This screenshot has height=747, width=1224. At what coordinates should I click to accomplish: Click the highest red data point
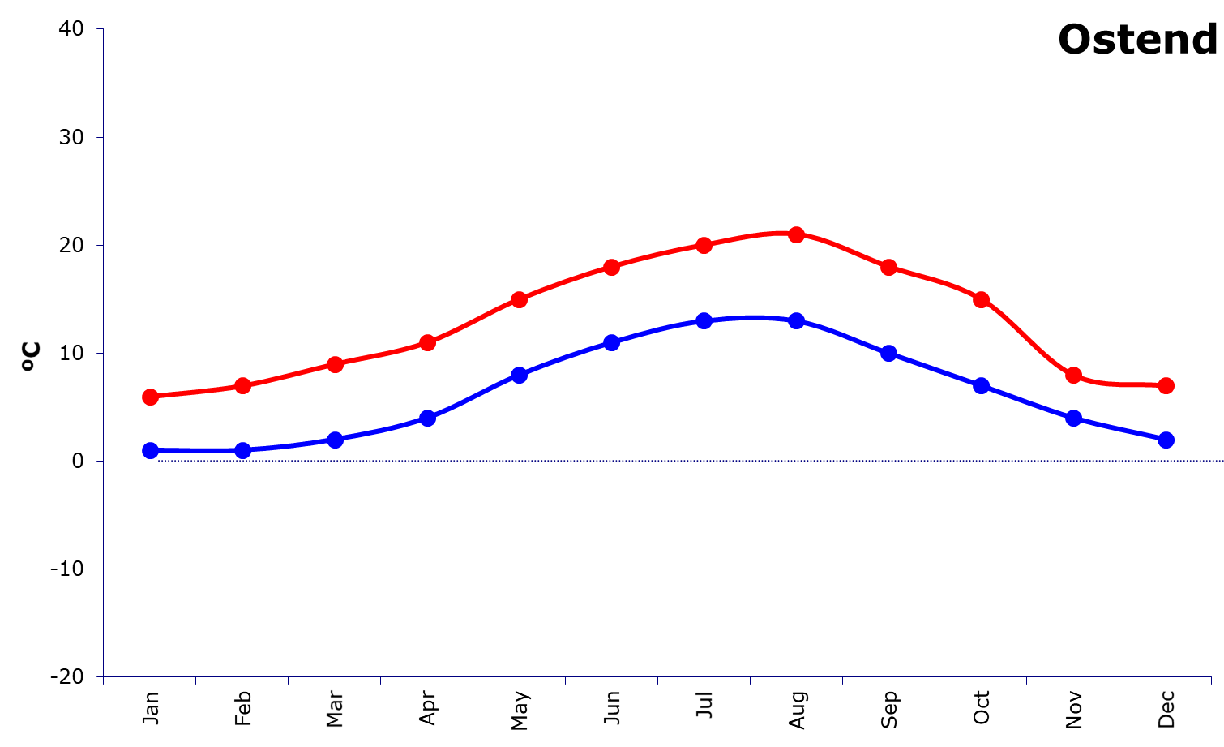[796, 234]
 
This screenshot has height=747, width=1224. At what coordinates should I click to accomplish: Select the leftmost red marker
[150, 397]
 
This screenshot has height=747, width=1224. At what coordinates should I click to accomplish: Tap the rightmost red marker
[1166, 385]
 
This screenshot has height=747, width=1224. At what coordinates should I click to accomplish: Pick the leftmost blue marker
[150, 450]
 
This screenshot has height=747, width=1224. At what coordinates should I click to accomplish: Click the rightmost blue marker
[1166, 440]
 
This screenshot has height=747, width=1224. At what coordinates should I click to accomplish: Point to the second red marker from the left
[242, 385]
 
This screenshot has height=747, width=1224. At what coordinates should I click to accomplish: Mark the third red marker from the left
[335, 364]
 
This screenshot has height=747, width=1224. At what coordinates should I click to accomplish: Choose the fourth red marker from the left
[427, 342]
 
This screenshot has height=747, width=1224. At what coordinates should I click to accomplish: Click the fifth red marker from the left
[519, 299]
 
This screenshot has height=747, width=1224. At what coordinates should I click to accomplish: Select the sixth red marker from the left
[611, 267]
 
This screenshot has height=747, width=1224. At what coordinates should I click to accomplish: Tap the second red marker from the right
[1073, 375]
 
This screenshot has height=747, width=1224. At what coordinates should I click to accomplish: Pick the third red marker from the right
[981, 299]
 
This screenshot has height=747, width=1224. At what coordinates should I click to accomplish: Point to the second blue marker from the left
[242, 450]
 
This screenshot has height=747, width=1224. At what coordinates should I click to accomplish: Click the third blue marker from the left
[335, 440]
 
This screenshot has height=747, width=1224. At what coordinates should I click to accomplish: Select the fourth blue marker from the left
[427, 418]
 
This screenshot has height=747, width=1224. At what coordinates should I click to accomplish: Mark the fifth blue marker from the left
[519, 375]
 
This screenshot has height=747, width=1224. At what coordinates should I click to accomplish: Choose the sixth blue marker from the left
[611, 342]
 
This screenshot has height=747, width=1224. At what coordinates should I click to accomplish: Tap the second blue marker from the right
[1073, 418]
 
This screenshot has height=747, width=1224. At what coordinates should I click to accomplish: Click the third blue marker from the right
[981, 385]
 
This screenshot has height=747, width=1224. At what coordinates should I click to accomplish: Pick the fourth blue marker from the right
[888, 353]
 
